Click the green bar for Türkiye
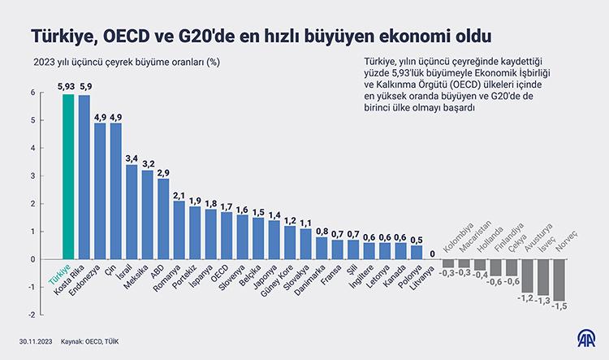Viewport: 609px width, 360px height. pos(68,176)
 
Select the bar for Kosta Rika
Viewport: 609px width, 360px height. pos(84,177)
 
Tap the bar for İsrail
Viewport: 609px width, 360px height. pos(132,212)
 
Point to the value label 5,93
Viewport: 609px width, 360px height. pos(67,85)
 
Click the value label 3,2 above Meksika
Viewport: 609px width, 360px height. pos(147,163)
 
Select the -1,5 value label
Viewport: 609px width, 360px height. pos(559,306)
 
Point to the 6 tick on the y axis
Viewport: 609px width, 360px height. pos(33,93)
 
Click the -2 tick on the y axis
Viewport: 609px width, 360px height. pos(32,314)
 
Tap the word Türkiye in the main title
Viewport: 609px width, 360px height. pos(61,37)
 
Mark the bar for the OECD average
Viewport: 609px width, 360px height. pos(227,236)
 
